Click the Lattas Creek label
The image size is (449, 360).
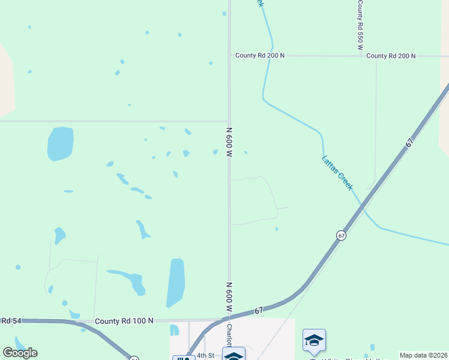337,173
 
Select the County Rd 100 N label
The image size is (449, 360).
124,322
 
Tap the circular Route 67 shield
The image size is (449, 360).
341,235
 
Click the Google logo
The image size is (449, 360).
20,353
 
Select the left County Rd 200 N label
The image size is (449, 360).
259,55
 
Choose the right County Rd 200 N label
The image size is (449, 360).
391,56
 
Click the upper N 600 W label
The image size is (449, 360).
229,142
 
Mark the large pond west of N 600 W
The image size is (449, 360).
60,144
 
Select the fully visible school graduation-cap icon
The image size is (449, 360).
314,341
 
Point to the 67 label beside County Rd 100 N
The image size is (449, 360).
259,310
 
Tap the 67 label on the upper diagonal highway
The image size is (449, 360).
409,143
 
